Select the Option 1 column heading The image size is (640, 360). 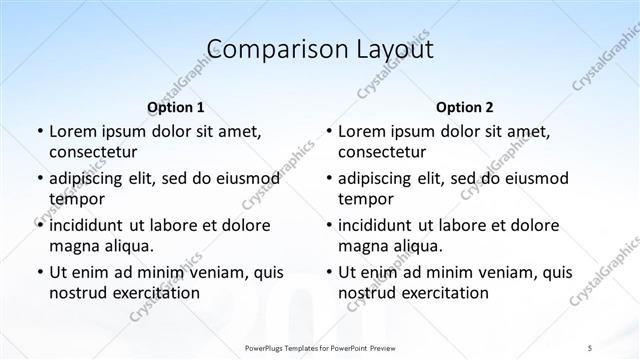pos(176,107)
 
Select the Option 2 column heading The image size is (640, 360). pos(465,107)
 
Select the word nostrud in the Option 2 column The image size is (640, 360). pos(367,292)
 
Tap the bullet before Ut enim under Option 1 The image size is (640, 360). pos(38,272)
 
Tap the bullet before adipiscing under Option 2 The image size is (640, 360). pos(328,179)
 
